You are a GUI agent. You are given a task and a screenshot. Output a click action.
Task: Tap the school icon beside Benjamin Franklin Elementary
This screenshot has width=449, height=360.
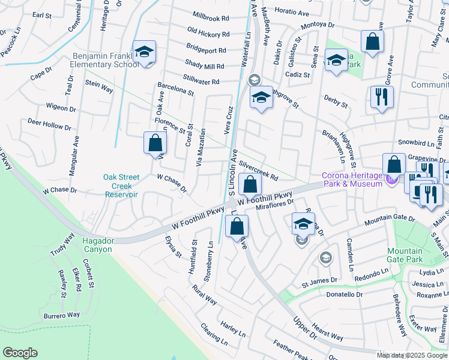[x=144, y=52]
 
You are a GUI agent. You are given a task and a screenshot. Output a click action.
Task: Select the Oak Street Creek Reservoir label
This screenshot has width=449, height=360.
[x=122, y=185]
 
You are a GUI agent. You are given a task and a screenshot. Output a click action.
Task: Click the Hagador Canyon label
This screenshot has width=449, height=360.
[x=97, y=245]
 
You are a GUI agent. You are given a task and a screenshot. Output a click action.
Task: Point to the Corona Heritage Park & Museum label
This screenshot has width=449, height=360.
[x=352, y=179]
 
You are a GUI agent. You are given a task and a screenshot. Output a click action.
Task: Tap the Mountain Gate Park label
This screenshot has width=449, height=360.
[x=405, y=255]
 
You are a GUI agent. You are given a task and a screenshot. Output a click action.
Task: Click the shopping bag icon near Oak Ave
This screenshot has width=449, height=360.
[x=155, y=143]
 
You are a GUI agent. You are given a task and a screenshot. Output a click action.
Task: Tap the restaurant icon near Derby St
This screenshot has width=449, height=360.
[x=382, y=97]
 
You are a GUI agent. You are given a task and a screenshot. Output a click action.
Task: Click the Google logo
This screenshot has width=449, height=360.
[x=20, y=352]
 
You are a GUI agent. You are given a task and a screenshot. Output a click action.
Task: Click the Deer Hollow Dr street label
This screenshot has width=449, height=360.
[x=49, y=124]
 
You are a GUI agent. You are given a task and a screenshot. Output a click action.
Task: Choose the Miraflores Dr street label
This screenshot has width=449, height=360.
[x=275, y=206]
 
